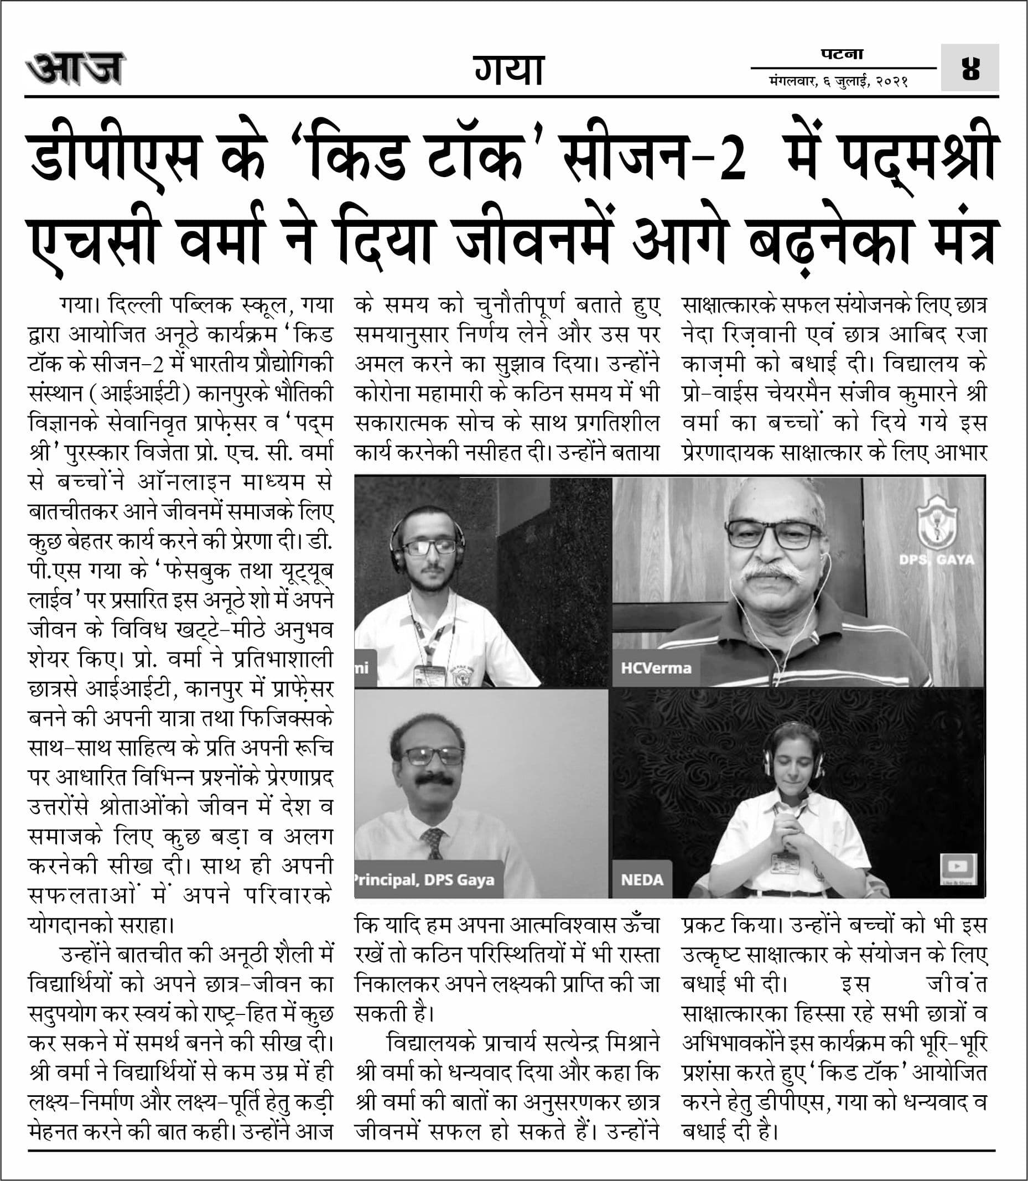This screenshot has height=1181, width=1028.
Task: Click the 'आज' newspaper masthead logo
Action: point(75,69)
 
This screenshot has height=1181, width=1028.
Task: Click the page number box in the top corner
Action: point(970,68)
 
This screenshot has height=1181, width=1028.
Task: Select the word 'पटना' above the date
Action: point(842,55)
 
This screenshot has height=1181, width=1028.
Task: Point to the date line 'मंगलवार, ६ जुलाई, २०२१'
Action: point(838,82)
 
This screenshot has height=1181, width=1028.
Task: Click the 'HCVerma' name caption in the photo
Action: point(656,668)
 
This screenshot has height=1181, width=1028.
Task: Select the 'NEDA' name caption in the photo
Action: point(641,880)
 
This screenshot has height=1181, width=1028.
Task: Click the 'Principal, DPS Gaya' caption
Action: point(424,880)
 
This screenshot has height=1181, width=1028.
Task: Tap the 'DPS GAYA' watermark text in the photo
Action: point(936,559)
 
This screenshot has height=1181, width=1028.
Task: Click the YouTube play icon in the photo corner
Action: point(957,866)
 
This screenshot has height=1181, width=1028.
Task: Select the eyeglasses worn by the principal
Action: point(432,756)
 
